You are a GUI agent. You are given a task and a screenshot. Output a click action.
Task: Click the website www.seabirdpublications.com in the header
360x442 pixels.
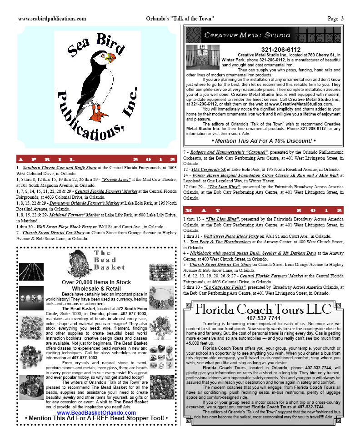[52, 19]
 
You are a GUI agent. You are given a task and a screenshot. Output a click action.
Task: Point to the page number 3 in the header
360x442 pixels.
[341, 19]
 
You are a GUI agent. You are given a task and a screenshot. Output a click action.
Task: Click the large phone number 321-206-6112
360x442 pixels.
[281, 50]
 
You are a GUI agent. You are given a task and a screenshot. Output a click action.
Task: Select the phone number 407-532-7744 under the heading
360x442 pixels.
[263, 318]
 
